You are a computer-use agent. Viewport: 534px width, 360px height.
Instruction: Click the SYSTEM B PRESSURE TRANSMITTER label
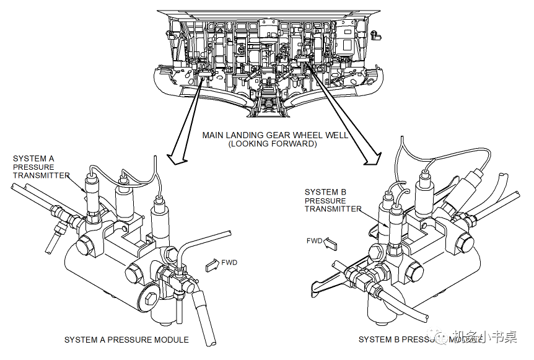coord(333,200)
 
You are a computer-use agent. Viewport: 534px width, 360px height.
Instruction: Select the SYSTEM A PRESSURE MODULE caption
coord(126,340)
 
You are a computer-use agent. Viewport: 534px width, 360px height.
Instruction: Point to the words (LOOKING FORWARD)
coord(273,144)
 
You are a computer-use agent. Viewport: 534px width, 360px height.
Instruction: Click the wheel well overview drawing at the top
coord(266,59)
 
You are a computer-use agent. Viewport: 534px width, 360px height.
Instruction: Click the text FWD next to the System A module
coord(229,263)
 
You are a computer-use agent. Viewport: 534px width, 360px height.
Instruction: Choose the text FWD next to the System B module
coord(314,240)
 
